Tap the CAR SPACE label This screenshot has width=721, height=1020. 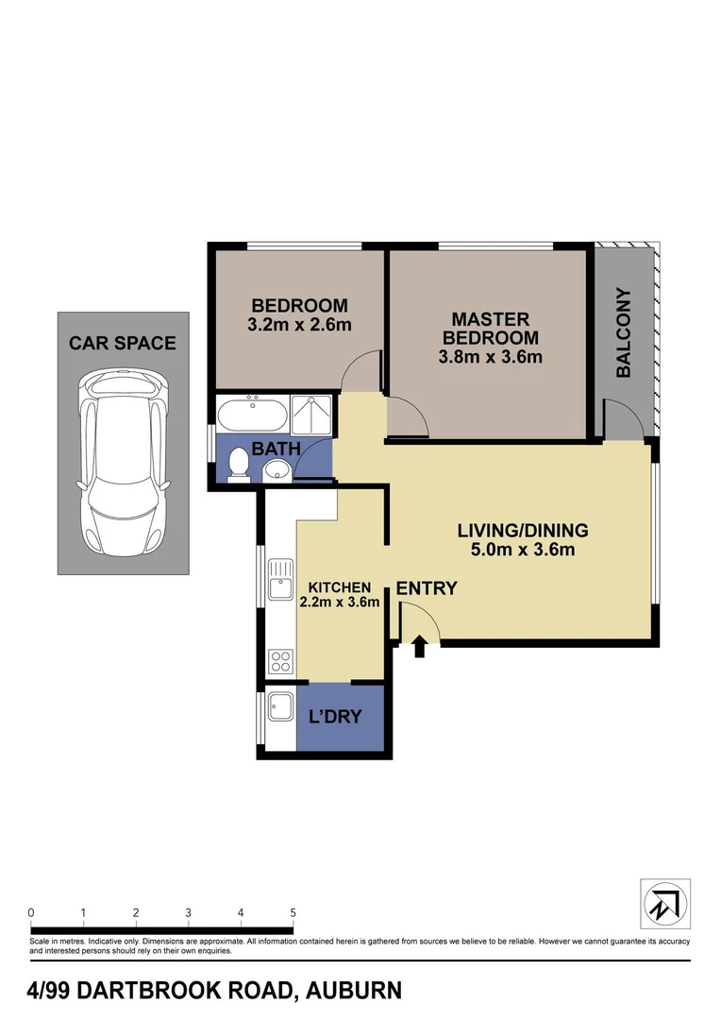coord(122,343)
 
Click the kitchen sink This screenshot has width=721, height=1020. coord(280,581)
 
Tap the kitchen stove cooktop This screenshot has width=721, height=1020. coord(280,658)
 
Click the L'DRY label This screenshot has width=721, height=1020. coord(336,717)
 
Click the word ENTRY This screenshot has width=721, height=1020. coord(427,588)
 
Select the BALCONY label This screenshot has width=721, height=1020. coord(624,332)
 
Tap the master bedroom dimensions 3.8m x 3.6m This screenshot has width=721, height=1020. coord(491,357)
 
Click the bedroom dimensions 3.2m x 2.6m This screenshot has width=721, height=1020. coord(299,326)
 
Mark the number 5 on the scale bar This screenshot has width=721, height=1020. coord(293,912)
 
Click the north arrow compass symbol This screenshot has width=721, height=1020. coord(666,904)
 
